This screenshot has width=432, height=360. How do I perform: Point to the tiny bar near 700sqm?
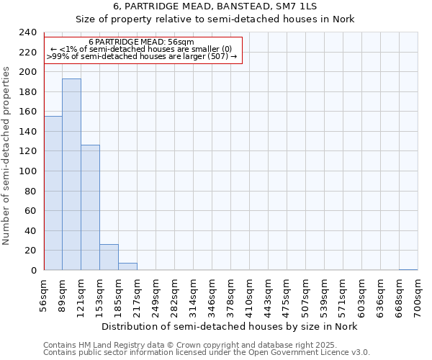(x=408, y=269)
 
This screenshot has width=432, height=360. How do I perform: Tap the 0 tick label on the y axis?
(x=32, y=270)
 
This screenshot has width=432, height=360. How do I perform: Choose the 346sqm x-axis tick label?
(x=212, y=294)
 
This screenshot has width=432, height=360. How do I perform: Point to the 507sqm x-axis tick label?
(x=306, y=294)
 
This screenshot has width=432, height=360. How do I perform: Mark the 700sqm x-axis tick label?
(x=418, y=294)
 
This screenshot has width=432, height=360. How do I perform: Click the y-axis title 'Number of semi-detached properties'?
(x=6, y=151)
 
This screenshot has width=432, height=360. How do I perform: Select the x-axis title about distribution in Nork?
(x=229, y=327)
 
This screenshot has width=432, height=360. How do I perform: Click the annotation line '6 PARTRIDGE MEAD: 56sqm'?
(x=141, y=42)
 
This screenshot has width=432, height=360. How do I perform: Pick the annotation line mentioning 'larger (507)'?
(x=141, y=56)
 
